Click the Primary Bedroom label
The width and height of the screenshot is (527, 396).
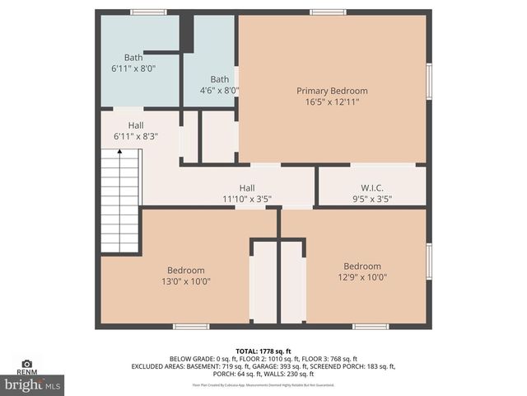(x=332, y=91)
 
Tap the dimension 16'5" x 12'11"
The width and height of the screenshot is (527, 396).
(x=332, y=102)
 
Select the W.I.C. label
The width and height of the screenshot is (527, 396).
(x=372, y=187)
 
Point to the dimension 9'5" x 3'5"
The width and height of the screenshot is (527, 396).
(x=372, y=199)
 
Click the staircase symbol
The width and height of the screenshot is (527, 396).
(x=120, y=201)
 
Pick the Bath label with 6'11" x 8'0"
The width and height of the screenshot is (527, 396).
(x=133, y=58)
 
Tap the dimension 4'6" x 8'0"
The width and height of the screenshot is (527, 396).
(x=219, y=91)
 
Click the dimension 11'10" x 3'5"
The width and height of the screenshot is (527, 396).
(x=247, y=199)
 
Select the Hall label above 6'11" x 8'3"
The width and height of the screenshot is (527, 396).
(x=136, y=125)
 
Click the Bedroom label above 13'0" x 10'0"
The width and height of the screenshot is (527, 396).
(x=186, y=270)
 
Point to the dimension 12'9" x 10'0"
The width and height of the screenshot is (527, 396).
(x=362, y=277)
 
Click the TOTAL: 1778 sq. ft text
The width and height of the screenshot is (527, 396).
(x=263, y=351)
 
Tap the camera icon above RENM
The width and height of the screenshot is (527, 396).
(x=27, y=363)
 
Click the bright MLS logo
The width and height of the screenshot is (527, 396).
(x=33, y=384)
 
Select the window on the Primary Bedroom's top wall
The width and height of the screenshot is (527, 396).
(x=328, y=12)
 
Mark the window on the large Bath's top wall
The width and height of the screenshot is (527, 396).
(x=148, y=12)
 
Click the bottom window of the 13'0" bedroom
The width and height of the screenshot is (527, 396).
(x=191, y=327)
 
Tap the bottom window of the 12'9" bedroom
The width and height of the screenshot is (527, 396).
(x=370, y=327)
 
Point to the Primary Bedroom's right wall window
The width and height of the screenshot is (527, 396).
(x=429, y=82)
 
